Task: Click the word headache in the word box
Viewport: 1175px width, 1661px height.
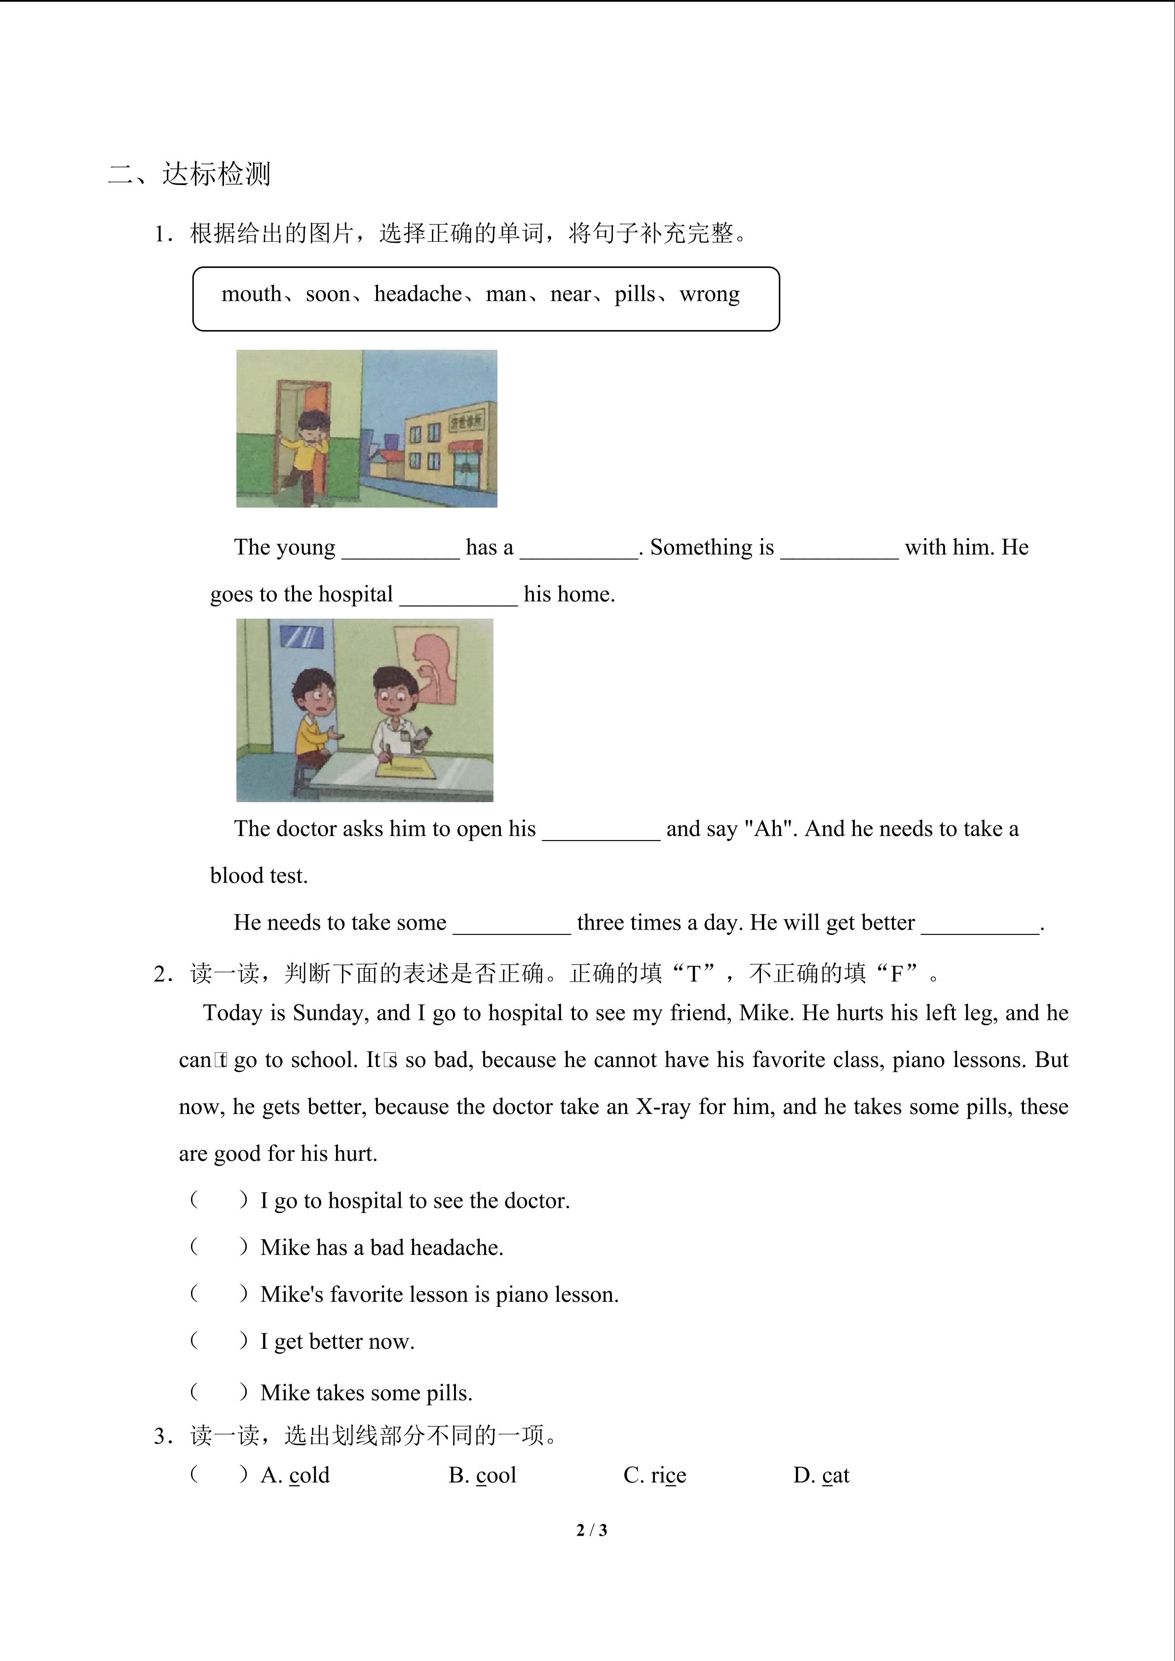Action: (x=417, y=295)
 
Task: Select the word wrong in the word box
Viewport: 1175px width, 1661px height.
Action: (x=710, y=295)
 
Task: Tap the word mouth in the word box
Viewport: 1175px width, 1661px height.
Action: (x=251, y=295)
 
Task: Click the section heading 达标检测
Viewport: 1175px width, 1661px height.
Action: (x=216, y=174)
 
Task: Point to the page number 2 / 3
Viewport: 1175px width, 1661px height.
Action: (x=592, y=1530)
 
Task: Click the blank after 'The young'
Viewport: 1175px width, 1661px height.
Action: (x=400, y=549)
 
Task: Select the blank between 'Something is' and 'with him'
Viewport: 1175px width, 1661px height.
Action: (x=839, y=549)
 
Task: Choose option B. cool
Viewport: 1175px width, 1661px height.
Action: (x=483, y=1475)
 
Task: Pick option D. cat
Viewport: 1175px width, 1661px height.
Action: (x=821, y=1475)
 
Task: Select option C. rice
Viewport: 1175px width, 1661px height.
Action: (x=655, y=1475)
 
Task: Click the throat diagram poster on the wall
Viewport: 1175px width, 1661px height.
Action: (x=426, y=665)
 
